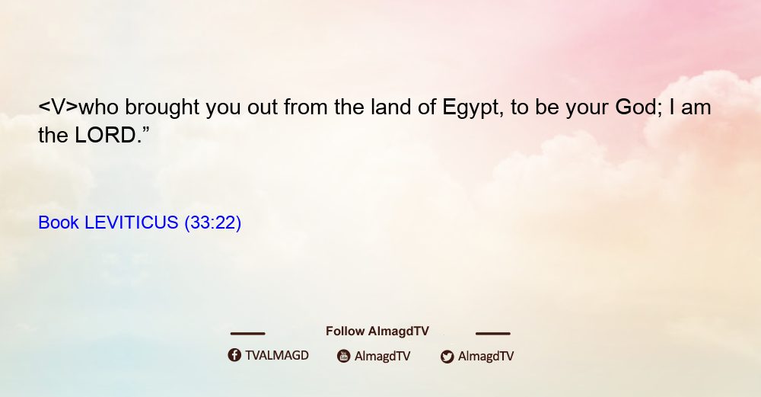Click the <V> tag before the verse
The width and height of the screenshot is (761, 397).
[x=58, y=107]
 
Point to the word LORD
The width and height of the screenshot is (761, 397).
[x=105, y=135]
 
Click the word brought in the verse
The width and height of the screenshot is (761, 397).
[x=162, y=108]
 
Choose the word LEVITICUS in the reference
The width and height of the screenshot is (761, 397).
[x=132, y=223]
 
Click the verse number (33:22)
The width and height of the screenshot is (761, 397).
[x=212, y=223]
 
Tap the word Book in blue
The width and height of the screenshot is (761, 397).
[x=59, y=223]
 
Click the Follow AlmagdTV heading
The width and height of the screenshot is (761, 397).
[x=377, y=331]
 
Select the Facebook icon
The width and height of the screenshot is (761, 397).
[x=234, y=355]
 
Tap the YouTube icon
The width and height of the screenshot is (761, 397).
[x=344, y=356]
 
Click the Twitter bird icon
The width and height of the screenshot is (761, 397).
[x=447, y=357]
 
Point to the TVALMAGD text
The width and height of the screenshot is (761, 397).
[x=277, y=356]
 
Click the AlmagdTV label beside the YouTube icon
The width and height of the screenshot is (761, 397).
[x=383, y=357]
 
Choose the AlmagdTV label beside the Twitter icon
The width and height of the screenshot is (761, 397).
[x=486, y=357]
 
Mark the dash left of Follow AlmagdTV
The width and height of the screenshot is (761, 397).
[x=247, y=334]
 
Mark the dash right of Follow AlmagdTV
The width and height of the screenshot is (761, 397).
[x=493, y=334]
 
